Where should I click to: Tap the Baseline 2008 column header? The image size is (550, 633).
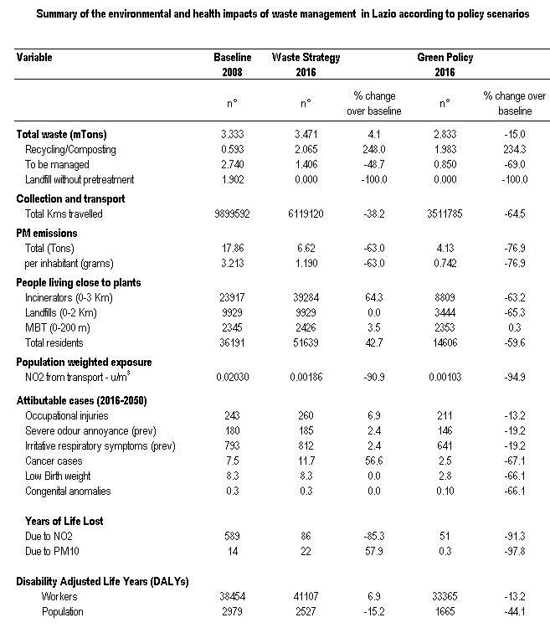(232, 64)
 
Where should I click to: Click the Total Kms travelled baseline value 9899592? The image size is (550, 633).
(234, 215)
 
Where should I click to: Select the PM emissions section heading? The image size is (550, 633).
(47, 234)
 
